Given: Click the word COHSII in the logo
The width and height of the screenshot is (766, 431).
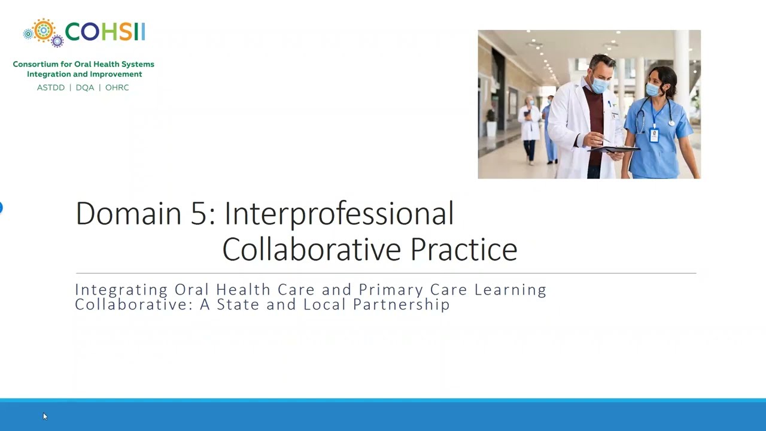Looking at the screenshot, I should [105, 32].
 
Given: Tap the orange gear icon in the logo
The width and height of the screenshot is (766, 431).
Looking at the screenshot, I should [43, 30].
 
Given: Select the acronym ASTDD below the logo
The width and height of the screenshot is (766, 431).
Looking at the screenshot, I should [51, 87].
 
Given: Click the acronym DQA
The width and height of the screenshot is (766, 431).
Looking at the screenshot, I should [85, 87].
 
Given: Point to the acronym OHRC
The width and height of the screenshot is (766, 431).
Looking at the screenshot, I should [117, 87].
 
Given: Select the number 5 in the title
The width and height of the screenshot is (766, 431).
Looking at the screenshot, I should [198, 214].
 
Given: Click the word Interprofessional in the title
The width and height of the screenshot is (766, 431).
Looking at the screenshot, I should [339, 214].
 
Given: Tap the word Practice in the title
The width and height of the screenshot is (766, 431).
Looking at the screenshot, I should [463, 250].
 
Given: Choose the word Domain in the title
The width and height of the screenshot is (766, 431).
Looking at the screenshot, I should [128, 214].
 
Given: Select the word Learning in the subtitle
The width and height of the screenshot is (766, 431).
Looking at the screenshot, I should [510, 290].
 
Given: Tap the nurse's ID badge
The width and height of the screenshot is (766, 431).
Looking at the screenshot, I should [653, 135].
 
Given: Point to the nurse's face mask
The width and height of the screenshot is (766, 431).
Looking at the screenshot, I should [653, 90].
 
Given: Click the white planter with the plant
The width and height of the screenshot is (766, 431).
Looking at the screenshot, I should [491, 128].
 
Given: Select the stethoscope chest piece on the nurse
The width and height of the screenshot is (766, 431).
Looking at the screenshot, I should [671, 123].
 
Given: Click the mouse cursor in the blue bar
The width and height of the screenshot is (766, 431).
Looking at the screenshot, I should [44, 416].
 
